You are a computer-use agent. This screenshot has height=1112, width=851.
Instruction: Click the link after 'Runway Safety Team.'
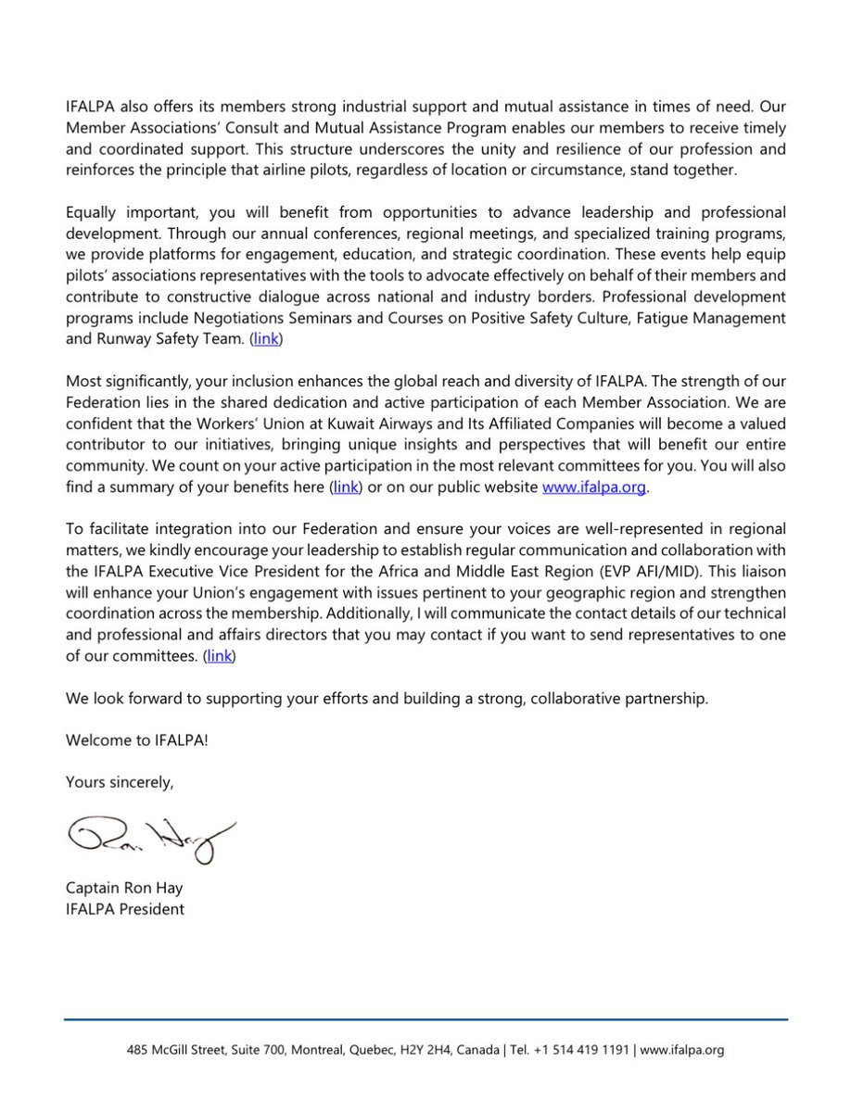click(266, 339)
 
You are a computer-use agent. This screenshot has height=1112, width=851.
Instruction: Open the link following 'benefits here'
click(346, 486)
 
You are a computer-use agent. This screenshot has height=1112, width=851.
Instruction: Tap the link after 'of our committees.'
click(220, 656)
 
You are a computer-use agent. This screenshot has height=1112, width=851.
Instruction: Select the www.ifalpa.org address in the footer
click(681, 1051)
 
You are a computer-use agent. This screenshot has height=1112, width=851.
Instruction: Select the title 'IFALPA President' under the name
click(125, 909)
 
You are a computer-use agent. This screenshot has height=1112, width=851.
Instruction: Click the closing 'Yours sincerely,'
click(120, 782)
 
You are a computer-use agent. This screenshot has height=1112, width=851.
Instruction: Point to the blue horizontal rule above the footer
click(425, 1020)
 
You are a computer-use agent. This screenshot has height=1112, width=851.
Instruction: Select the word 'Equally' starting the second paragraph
click(92, 212)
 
